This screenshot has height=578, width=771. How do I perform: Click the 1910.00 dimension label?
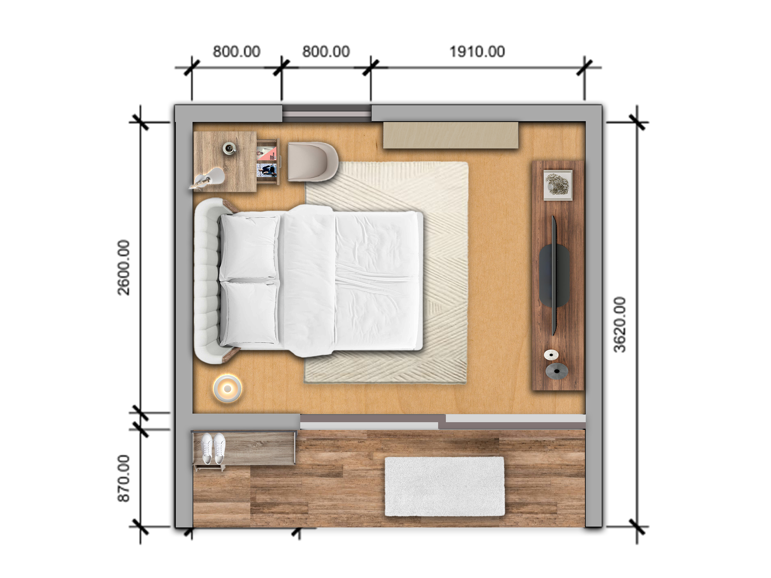click(x=477, y=52)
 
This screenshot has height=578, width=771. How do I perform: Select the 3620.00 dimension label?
click(x=620, y=325)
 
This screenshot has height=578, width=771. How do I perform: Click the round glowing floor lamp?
click(x=228, y=389)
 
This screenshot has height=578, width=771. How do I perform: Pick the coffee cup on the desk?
click(x=230, y=148)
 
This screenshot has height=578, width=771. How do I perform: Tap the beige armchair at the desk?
click(x=312, y=162)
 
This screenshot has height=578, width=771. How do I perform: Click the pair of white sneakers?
click(x=213, y=448)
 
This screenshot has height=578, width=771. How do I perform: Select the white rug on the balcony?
click(x=445, y=486)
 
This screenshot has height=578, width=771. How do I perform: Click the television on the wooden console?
click(x=554, y=276)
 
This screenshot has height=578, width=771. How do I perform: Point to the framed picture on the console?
click(x=558, y=185)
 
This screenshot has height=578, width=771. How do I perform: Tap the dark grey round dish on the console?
click(x=557, y=371)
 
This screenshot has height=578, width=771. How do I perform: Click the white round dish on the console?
click(x=551, y=355)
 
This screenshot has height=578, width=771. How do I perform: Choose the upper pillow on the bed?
click(x=250, y=247)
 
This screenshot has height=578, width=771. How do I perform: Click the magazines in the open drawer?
click(x=267, y=162)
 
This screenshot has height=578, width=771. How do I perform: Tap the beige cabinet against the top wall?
click(x=451, y=135)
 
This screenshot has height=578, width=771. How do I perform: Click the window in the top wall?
click(x=326, y=113)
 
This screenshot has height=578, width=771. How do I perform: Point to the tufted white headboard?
click(x=207, y=281)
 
